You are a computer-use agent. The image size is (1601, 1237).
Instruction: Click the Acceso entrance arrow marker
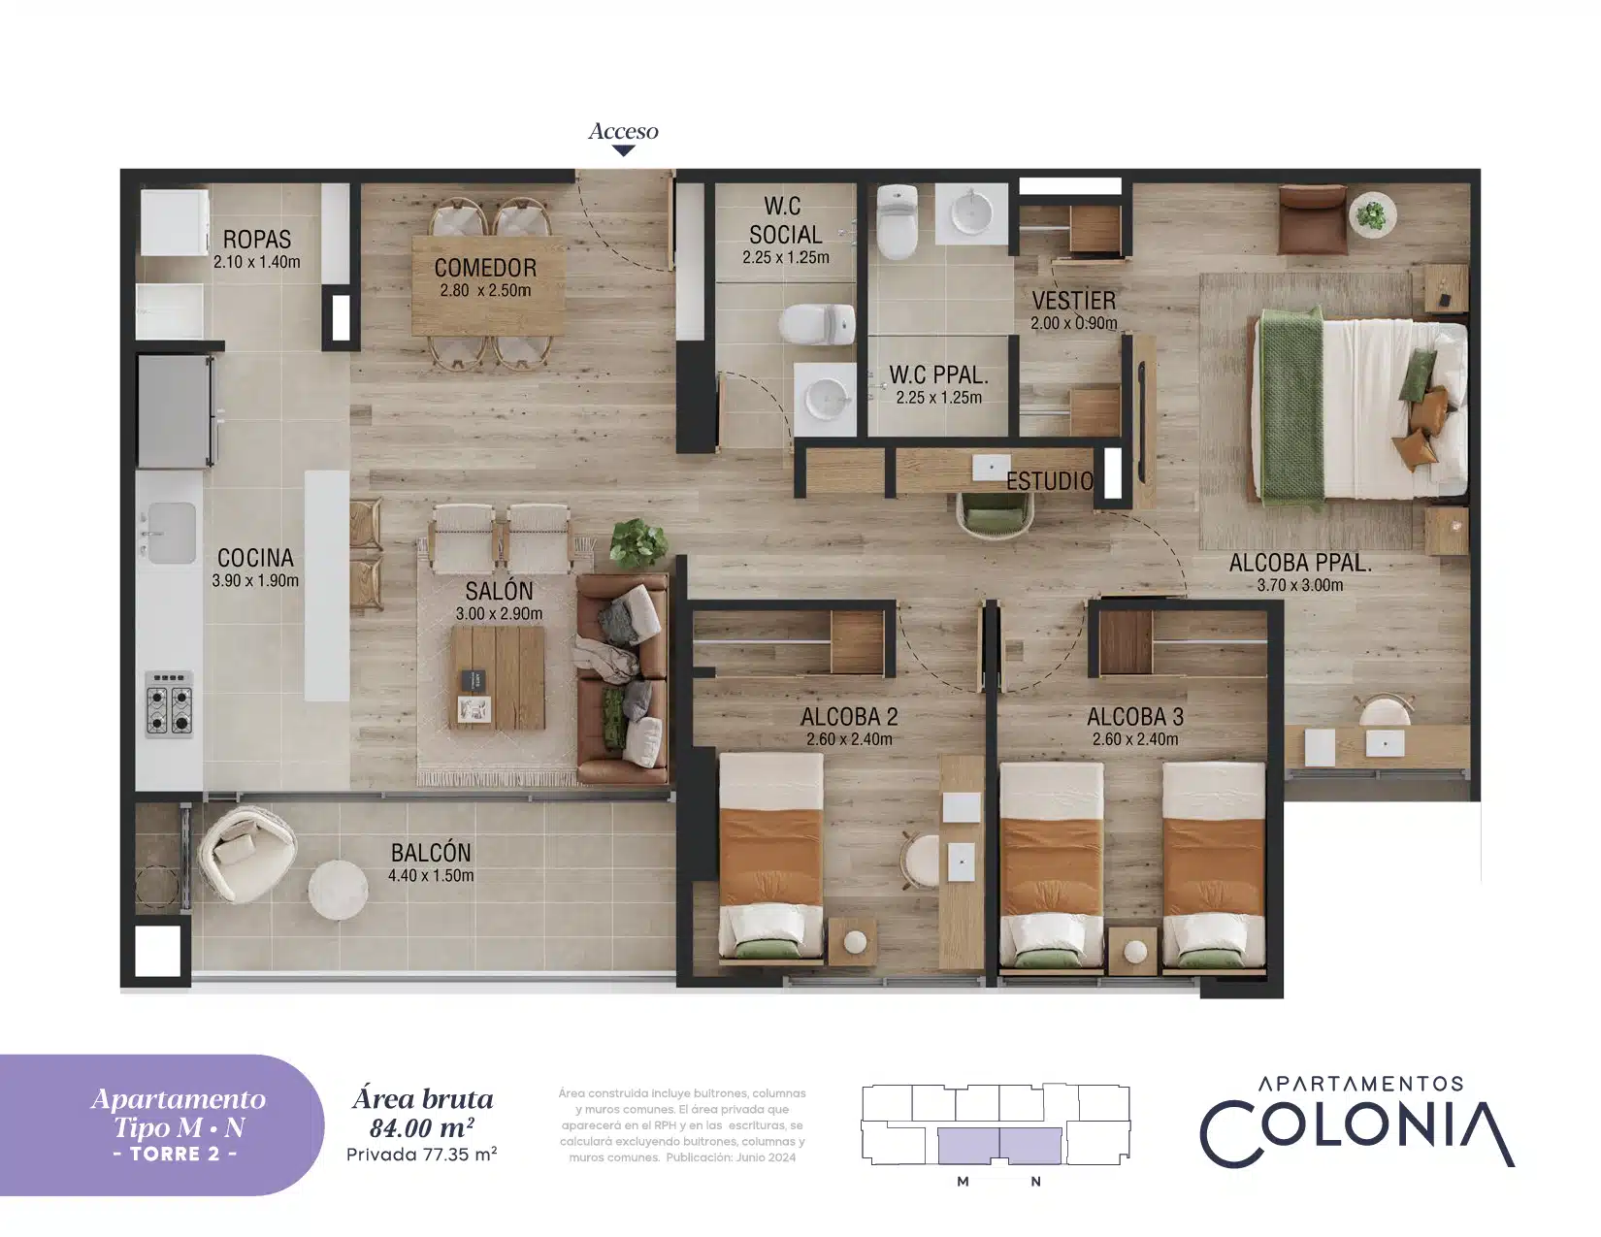[x=623, y=151]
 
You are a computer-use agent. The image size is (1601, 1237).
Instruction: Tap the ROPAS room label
[x=257, y=240]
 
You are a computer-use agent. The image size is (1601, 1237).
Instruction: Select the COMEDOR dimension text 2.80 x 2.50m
[x=485, y=290]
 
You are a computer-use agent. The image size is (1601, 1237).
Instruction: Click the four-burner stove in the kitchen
[x=170, y=703]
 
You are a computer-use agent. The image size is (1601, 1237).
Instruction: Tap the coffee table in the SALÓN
[x=498, y=677]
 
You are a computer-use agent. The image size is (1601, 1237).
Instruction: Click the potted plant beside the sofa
[x=638, y=543]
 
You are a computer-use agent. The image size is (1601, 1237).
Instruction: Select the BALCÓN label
[x=431, y=853]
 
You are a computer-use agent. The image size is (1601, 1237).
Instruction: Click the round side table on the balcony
[x=338, y=890]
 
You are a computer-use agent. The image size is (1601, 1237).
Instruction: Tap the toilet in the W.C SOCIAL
[x=817, y=324]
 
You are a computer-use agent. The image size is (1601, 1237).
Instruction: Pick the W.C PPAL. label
[x=938, y=375]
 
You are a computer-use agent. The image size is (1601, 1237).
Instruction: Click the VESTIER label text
[x=1073, y=301]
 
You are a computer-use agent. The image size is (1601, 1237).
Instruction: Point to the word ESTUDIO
[x=1050, y=481]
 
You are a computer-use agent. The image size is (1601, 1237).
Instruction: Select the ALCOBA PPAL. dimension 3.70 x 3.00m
[x=1300, y=585]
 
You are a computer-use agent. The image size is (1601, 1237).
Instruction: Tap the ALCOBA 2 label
[x=849, y=716]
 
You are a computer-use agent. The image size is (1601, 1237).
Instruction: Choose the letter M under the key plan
[x=963, y=1182]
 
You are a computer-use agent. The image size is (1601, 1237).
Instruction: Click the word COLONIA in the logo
[x=1357, y=1134]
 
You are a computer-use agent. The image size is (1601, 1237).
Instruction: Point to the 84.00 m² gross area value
[x=421, y=1128]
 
